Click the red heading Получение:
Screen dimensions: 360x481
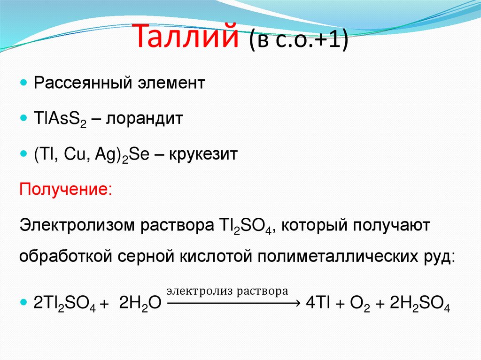pyautogui.click(x=65, y=191)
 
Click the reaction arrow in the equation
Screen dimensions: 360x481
pyautogui.click(x=233, y=303)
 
